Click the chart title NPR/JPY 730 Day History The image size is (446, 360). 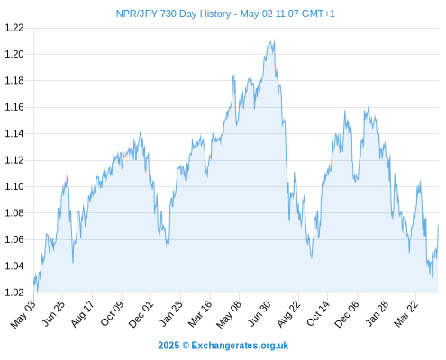[173, 13]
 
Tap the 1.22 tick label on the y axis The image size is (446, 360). [14, 28]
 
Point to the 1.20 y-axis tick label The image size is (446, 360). [14, 54]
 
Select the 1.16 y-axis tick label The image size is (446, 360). [14, 107]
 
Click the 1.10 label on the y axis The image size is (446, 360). [14, 186]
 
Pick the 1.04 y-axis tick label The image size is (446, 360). [14, 265]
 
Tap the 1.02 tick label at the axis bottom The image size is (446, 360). [14, 292]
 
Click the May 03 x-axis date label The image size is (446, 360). [23, 314]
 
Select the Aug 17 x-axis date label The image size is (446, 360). [82, 314]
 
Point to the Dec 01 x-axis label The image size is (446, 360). [141, 314]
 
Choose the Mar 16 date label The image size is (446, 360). [200, 314]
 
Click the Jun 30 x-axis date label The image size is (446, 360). [259, 314]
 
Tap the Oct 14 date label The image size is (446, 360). [318, 314]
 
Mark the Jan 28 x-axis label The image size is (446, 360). [377, 314]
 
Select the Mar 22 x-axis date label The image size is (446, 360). [405, 314]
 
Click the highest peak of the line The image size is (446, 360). [274, 40]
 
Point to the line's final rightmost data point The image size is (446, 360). [438, 225]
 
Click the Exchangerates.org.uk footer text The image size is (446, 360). [240, 346]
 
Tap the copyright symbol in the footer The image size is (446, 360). [186, 346]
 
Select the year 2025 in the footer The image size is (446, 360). [168, 346]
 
